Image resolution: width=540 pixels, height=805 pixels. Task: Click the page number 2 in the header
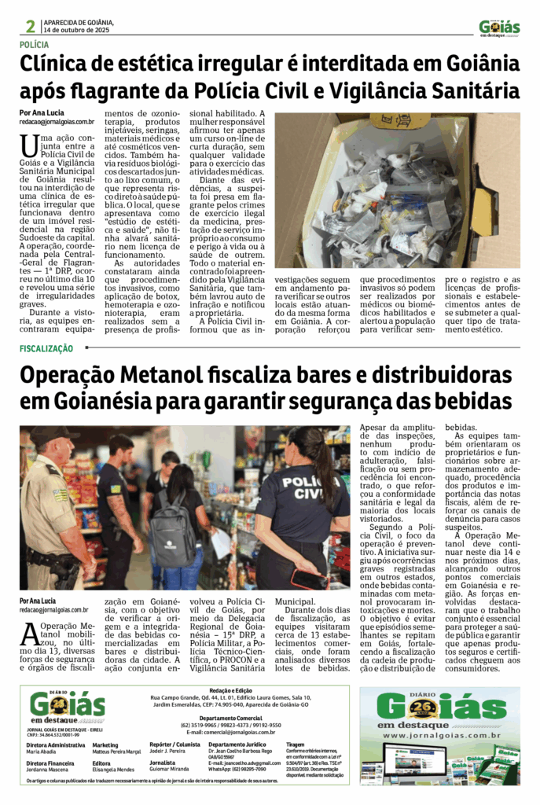[29, 27]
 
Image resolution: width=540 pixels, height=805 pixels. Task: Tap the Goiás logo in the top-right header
[500, 28]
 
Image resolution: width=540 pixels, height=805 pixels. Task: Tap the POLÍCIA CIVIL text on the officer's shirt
[296, 488]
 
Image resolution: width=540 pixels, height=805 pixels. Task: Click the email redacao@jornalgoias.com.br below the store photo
[53, 610]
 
